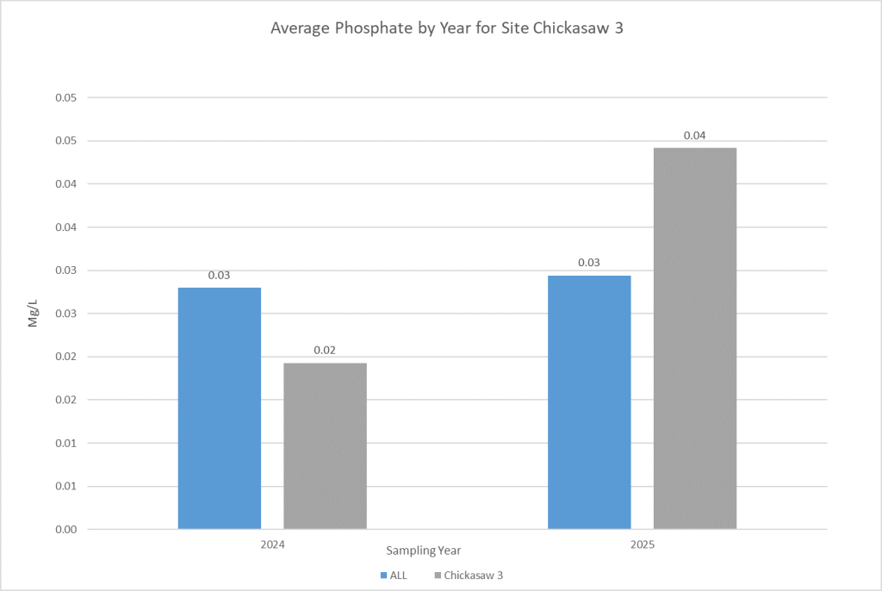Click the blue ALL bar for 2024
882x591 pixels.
click(x=220, y=407)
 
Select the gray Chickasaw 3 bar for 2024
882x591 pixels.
click(x=325, y=445)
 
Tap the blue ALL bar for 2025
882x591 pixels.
click(x=589, y=401)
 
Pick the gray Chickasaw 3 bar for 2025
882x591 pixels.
click(x=694, y=338)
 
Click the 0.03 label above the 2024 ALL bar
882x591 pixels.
click(x=220, y=275)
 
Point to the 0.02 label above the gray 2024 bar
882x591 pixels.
click(x=325, y=351)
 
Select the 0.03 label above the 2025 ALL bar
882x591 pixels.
click(x=589, y=263)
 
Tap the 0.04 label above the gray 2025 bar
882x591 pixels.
click(x=694, y=135)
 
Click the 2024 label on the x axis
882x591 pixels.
click(x=272, y=545)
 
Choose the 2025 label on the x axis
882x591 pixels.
click(x=642, y=545)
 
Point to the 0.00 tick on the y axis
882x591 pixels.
click(x=66, y=529)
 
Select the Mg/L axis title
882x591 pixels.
click(x=34, y=313)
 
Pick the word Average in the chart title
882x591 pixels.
click(x=298, y=28)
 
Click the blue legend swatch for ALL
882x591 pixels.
click(x=382, y=575)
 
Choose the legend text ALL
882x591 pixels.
click(x=398, y=575)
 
